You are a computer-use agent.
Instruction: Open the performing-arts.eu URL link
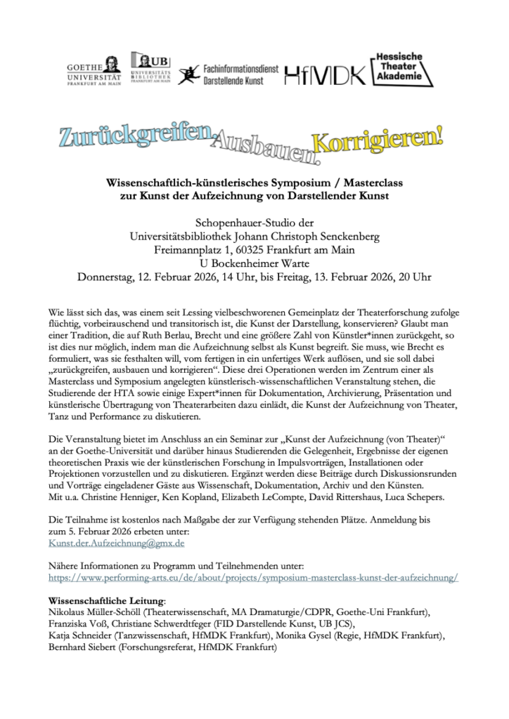253,576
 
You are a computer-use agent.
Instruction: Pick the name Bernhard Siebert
82,649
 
